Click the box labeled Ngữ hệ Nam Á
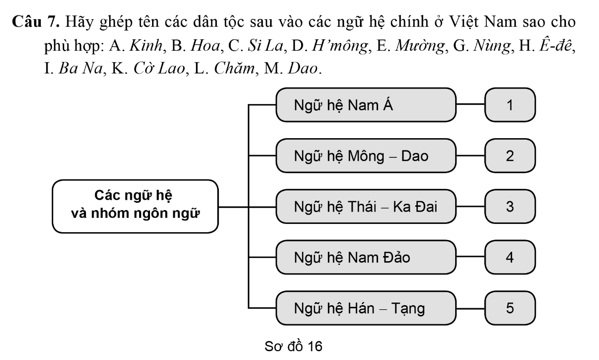pos(366,106)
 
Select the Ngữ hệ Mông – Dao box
pos(366,156)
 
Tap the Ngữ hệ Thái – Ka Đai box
pos(366,206)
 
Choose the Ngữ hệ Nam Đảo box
pos(366,257)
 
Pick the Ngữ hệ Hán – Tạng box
pos(366,308)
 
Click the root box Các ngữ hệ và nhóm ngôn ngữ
pos(134,206)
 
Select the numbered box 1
pos(510,106)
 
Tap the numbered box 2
pos(510,156)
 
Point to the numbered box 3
pos(510,206)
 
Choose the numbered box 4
pos(510,257)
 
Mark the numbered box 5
pos(510,308)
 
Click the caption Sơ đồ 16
pos(293,346)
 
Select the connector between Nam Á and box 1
pos(471,106)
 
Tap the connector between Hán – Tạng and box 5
pos(471,308)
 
